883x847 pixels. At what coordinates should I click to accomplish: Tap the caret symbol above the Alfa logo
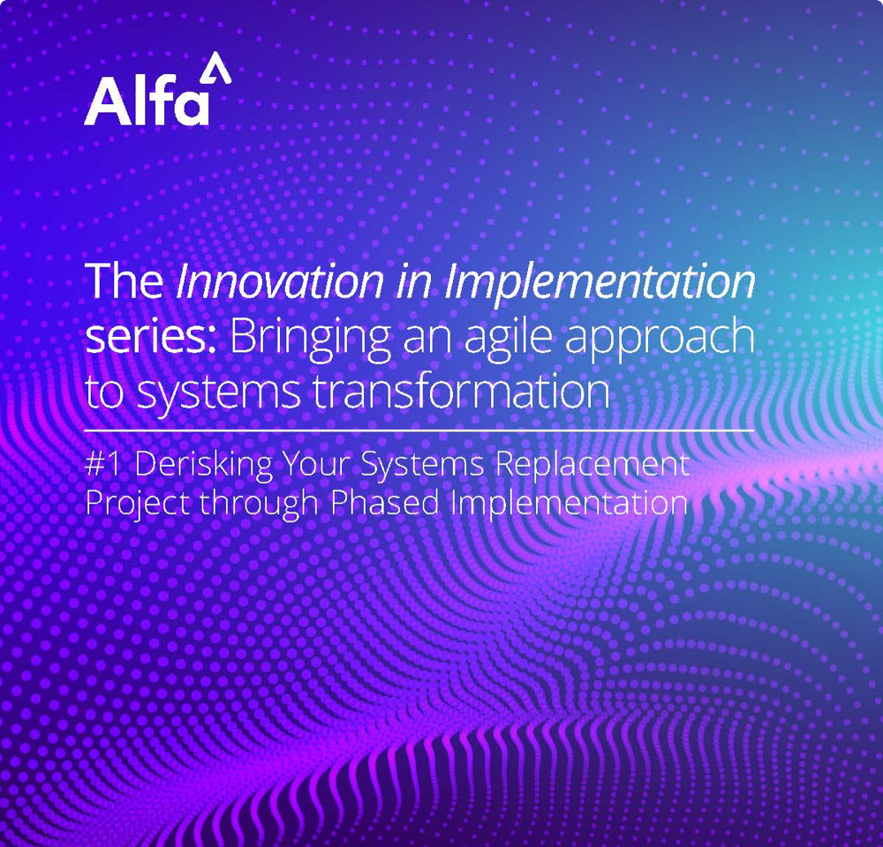tap(215, 68)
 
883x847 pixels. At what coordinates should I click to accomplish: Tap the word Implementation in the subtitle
tap(570, 503)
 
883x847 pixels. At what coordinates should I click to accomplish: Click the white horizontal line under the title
tap(419, 430)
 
